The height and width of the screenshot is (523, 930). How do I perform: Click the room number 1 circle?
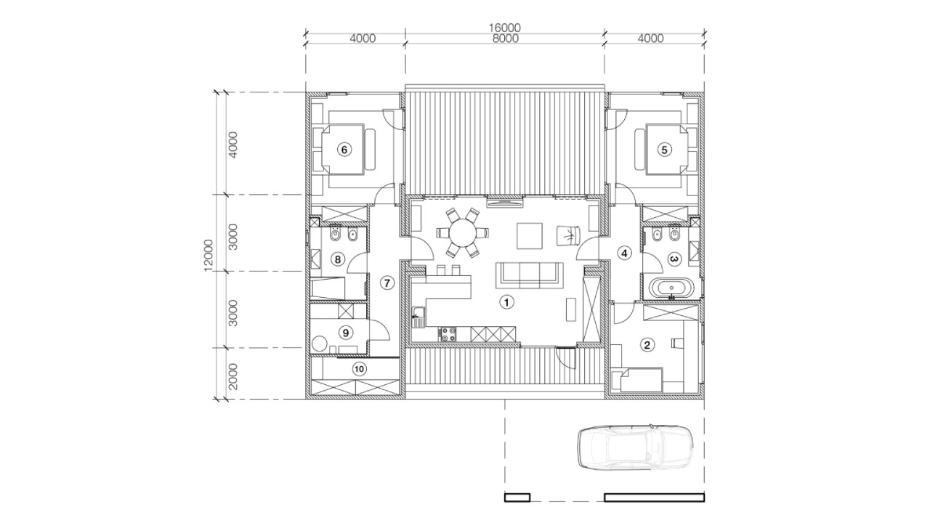click(506, 301)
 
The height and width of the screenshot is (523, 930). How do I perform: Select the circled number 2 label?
click(647, 344)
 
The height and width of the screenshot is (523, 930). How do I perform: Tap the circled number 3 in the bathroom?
click(674, 259)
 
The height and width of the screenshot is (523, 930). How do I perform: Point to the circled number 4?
click(624, 253)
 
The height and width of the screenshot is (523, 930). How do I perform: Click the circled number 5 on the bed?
click(664, 150)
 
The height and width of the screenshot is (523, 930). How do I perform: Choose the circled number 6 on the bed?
click(344, 150)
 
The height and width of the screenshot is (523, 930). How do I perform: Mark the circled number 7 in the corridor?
click(387, 283)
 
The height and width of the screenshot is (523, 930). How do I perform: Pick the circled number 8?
click(338, 260)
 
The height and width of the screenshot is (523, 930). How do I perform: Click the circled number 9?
click(345, 333)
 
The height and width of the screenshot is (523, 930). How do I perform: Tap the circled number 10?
click(360, 369)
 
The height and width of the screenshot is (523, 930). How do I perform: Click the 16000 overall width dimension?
click(504, 28)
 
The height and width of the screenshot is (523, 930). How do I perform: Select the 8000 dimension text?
click(504, 38)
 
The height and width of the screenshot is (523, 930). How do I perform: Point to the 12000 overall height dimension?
click(209, 255)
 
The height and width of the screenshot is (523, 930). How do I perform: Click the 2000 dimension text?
click(233, 376)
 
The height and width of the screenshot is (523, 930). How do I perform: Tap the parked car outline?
click(635, 448)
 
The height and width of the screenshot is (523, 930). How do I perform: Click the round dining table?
click(462, 233)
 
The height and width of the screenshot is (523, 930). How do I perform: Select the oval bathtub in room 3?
click(671, 288)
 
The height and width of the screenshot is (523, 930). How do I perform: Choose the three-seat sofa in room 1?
click(530, 275)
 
